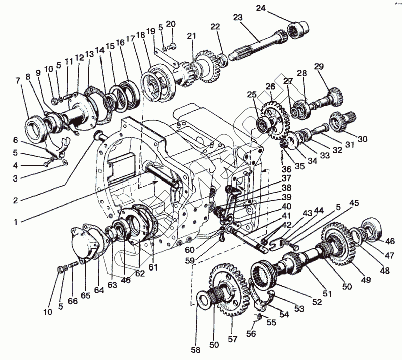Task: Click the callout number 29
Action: [319, 67]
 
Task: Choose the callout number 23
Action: [238, 17]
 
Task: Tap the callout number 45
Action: [355, 203]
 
